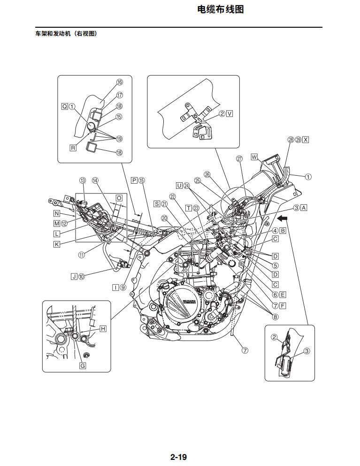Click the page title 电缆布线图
pos(221,9)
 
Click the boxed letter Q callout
pos(64,107)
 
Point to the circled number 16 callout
pos(120,82)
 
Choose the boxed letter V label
pos(230,114)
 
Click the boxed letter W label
pos(254,156)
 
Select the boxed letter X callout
pos(306,140)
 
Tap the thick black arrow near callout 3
pos(283,218)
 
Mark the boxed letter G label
pos(83,365)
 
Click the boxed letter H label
pos(103,329)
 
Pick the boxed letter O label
pos(119,198)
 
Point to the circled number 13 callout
pos(83,180)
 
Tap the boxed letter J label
pos(74,276)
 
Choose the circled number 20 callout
pos(164,218)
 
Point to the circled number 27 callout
pos(239,159)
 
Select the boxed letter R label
pos(73,148)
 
